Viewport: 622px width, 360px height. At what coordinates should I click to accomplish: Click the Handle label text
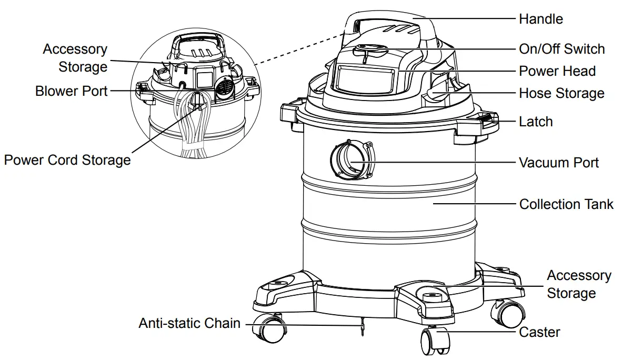[540, 19]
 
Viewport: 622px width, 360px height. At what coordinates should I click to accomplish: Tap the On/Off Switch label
[561, 49]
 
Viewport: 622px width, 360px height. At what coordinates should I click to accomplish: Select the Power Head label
[557, 71]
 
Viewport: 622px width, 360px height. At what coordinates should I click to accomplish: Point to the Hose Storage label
[561, 94]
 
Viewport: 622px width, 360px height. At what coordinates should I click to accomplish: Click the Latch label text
[536, 122]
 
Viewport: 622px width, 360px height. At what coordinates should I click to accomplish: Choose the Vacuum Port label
[559, 163]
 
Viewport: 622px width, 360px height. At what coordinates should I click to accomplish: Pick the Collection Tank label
[566, 204]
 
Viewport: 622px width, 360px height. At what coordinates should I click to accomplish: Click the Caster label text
[539, 332]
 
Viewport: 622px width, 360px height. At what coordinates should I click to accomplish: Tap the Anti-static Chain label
[189, 323]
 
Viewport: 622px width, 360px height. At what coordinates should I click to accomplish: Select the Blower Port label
[72, 91]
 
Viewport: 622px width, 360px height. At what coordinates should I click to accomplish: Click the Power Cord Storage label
[67, 159]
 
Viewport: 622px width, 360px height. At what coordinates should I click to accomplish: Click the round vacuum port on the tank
[350, 161]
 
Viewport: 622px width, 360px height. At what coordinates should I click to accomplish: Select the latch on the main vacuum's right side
[486, 121]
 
